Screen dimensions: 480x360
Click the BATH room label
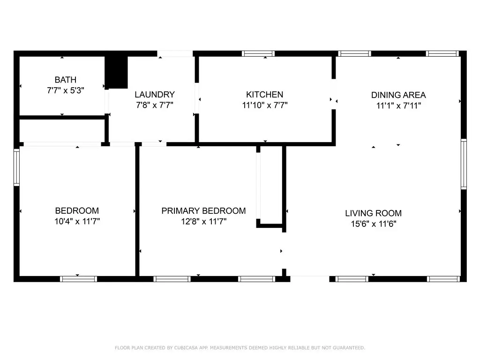pyautogui.click(x=66, y=80)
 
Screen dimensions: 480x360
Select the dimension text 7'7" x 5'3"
pyautogui.click(x=66, y=90)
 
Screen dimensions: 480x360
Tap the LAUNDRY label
pyautogui.click(x=155, y=95)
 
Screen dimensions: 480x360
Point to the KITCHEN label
pyautogui.click(x=265, y=95)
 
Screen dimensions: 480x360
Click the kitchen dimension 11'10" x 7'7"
pyautogui.click(x=265, y=105)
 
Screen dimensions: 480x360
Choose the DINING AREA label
pyautogui.click(x=398, y=95)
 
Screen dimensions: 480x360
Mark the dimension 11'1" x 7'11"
pyautogui.click(x=398, y=106)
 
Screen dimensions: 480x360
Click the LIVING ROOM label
pyautogui.click(x=374, y=213)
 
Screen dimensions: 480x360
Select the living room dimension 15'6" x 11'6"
pyautogui.click(x=374, y=224)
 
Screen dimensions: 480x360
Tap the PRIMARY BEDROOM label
pyautogui.click(x=203, y=211)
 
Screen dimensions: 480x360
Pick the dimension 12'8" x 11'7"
pyautogui.click(x=203, y=222)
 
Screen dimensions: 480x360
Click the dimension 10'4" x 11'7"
pyautogui.click(x=77, y=221)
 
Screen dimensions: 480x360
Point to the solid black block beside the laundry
pyautogui.click(x=116, y=73)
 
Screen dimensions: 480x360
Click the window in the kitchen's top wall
pyautogui.click(x=258, y=53)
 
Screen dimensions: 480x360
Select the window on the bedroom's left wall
pyautogui.click(x=16, y=167)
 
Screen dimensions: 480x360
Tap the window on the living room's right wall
pyautogui.click(x=464, y=164)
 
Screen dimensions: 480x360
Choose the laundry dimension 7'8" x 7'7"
pyautogui.click(x=155, y=105)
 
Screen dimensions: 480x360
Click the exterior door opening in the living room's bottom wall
pyautogui.click(x=310, y=279)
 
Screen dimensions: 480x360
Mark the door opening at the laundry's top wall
pyautogui.click(x=175, y=54)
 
